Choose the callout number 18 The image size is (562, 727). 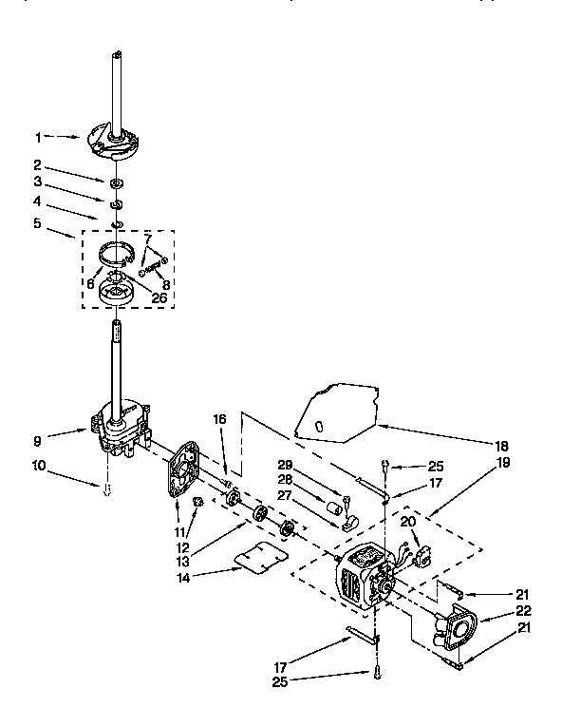(x=502, y=444)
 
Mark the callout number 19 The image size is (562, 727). (x=502, y=463)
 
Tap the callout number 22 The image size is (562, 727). (x=524, y=611)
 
